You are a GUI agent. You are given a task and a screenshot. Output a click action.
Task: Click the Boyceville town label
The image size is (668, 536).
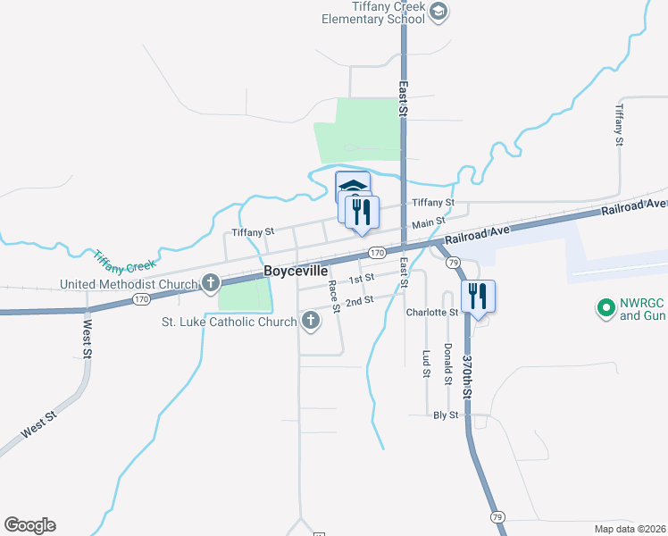pos(296,271)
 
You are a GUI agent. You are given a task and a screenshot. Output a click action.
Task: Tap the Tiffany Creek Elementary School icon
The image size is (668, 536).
pos(438,12)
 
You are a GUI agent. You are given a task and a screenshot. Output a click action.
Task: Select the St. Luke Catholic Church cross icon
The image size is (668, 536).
pos(311,320)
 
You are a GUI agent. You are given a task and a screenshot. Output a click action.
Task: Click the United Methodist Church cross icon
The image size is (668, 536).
pos(211,284)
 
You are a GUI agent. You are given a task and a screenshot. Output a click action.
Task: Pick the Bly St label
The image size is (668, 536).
pos(445,415)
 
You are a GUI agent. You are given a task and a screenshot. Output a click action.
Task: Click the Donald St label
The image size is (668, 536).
pos(447,361)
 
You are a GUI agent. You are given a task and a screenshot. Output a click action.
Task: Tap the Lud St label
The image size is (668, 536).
pos(426,363)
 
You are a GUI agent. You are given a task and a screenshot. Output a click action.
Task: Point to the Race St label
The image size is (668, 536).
pos(333,297)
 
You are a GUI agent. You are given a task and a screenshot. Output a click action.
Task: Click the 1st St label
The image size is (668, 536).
pos(361,278)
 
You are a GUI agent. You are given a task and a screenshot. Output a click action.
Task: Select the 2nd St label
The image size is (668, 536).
pos(359,301)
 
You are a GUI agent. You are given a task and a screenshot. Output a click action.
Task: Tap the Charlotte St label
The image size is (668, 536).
pos(431,313)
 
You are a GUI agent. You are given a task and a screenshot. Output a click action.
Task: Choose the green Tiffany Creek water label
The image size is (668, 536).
pos(124,261)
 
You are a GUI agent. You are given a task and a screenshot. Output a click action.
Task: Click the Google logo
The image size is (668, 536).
pos(29,525)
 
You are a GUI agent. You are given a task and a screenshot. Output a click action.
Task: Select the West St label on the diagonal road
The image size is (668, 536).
pos(39,423)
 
